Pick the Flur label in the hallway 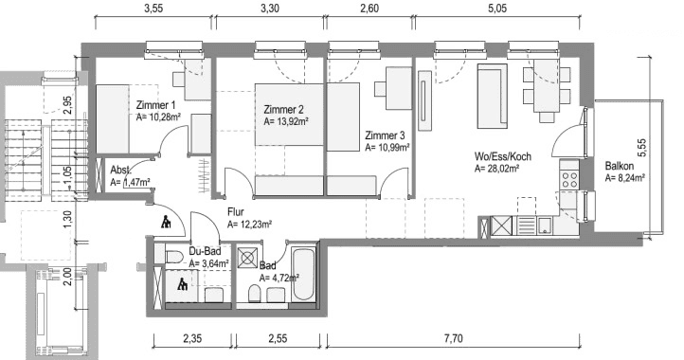pos(237,212)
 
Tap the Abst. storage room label pos(121,170)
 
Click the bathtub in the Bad pos(302,274)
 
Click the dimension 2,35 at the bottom pos(180,337)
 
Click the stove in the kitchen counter pos(569,176)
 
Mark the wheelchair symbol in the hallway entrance pos(166,223)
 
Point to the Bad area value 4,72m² pos(279,279)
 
